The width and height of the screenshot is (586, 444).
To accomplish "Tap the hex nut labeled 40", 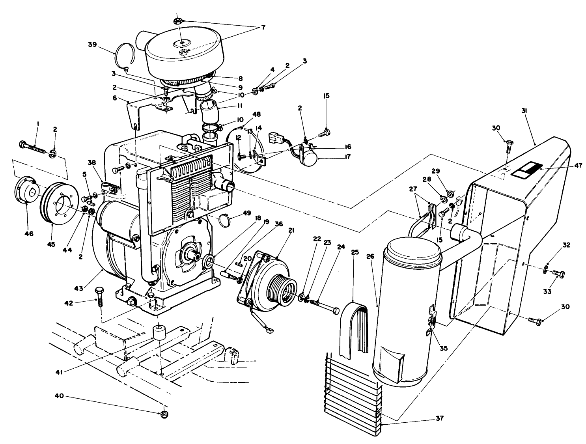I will [163, 414].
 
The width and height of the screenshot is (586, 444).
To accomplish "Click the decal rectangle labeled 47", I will [523, 170].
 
